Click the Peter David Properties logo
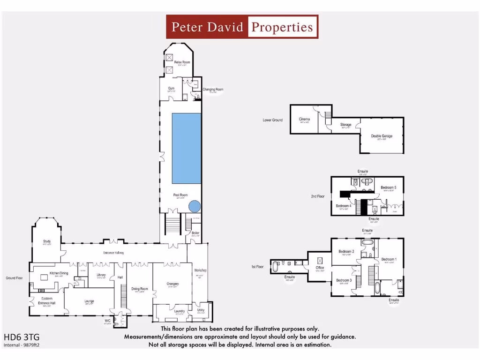(242, 27)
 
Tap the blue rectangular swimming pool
(187, 148)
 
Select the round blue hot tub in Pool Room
(195, 206)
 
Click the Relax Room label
(182, 62)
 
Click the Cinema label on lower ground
(304, 119)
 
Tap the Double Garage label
(382, 136)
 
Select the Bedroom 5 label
(388, 187)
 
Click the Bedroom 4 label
(343, 206)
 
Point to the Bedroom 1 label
(388, 259)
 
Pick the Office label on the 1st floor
(320, 268)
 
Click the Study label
(47, 241)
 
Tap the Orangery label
(172, 284)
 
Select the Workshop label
(200, 270)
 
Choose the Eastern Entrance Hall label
(47, 301)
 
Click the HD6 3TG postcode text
(18, 337)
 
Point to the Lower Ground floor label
(272, 120)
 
